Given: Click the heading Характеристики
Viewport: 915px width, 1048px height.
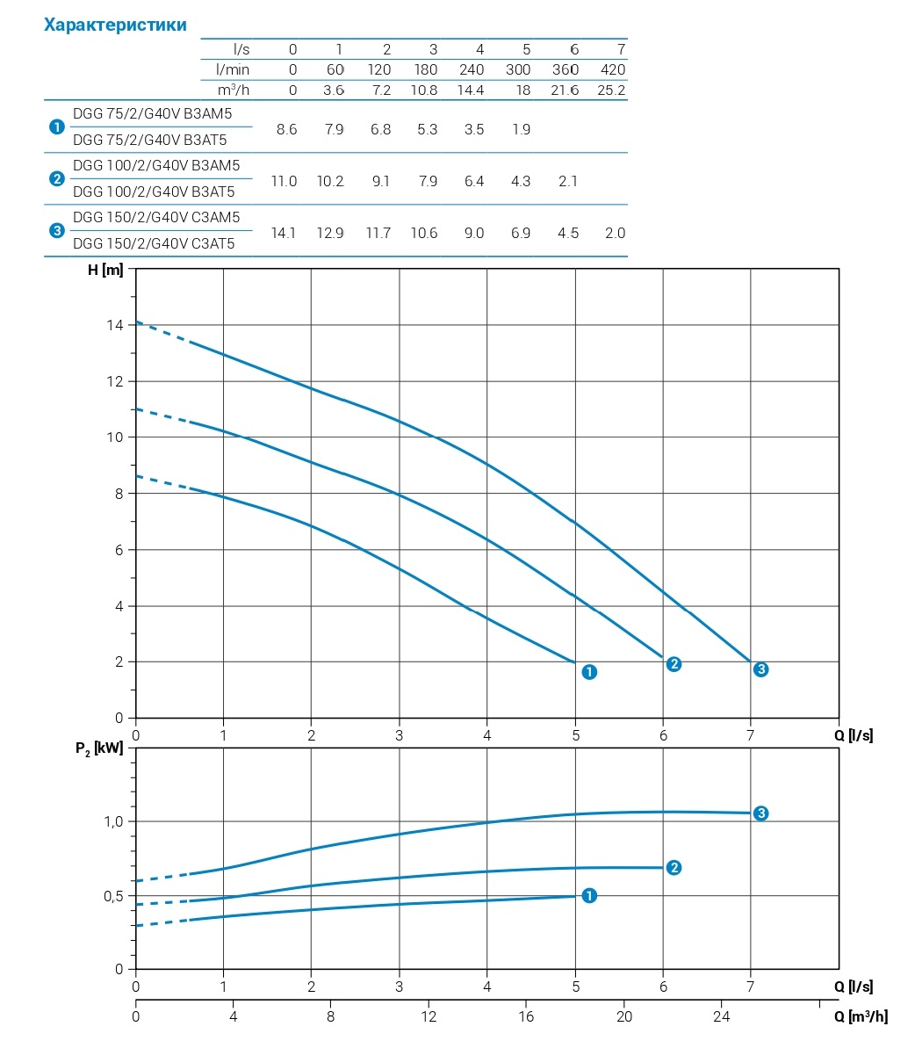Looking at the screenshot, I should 115,25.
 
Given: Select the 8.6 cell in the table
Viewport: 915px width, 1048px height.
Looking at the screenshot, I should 286,129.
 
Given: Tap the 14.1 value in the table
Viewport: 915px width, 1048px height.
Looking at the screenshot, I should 285,233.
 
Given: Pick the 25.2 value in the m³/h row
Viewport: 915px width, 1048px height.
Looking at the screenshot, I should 610,90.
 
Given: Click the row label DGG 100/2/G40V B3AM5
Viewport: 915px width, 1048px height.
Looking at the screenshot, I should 156,165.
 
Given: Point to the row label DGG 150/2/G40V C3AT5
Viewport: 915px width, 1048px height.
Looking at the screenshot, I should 154,243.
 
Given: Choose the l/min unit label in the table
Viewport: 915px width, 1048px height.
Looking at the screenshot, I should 233,69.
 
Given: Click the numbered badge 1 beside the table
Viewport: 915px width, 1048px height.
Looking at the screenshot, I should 57,127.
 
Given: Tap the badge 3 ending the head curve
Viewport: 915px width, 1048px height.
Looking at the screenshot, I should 761,669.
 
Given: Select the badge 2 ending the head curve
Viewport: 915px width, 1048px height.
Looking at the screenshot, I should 674,664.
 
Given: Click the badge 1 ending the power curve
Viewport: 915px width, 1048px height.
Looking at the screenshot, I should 589,895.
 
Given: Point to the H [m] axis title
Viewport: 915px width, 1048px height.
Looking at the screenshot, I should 105,270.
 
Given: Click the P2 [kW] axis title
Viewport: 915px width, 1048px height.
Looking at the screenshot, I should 99,748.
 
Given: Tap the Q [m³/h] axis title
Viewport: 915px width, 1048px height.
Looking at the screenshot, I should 861,1016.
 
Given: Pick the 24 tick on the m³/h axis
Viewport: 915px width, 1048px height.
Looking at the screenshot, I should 722,1016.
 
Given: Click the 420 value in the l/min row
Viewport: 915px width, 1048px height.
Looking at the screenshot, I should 612,69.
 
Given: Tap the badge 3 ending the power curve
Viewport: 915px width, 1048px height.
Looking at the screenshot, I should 761,813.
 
